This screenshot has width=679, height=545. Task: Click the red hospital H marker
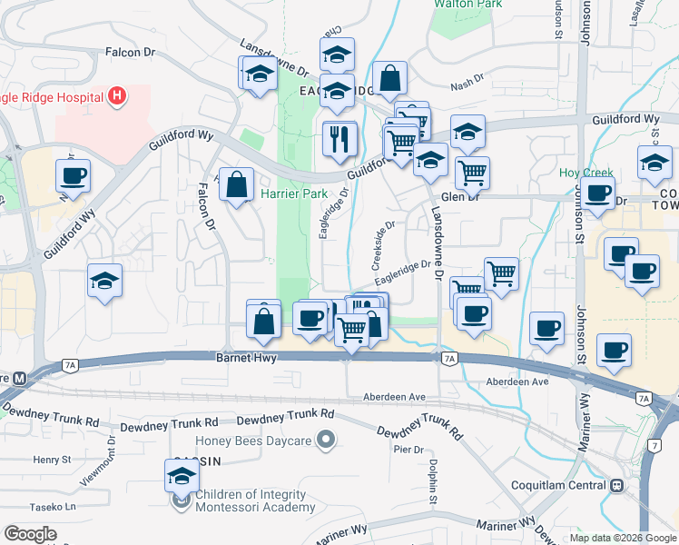pyautogui.click(x=116, y=95)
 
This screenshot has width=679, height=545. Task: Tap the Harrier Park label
pyautogui.click(x=293, y=193)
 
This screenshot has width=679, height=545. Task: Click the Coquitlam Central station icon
pyautogui.click(x=616, y=485)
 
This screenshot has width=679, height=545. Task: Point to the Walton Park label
pyautogui.click(x=468, y=5)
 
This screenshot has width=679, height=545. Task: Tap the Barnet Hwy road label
pyautogui.click(x=245, y=358)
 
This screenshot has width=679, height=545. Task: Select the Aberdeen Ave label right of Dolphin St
pyautogui.click(x=518, y=381)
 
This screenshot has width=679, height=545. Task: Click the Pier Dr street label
pyautogui.click(x=408, y=450)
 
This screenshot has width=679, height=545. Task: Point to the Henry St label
pyautogui.click(x=45, y=461)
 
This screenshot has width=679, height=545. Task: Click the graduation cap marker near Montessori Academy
pyautogui.click(x=182, y=475)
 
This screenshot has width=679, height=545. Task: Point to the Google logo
pyautogui.click(x=31, y=534)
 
